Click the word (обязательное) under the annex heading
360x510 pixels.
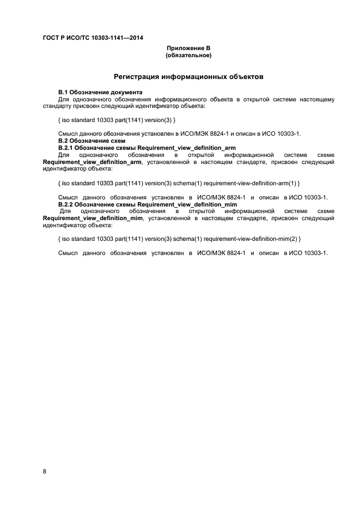[x=188, y=56]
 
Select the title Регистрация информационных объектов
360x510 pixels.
[x=188, y=77]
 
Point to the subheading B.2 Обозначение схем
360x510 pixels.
[x=87, y=141]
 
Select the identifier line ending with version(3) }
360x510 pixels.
[x=117, y=119]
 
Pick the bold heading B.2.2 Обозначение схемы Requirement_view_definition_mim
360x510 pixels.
[x=147, y=204]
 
